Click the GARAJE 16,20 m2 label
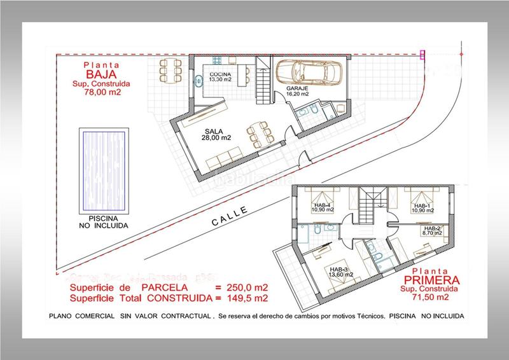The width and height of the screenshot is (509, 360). pos(297,90)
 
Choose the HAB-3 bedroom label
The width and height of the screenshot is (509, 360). pos(339,272)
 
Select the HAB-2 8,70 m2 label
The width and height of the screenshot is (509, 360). pos(432,232)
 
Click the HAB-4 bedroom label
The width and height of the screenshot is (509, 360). pos(323,208)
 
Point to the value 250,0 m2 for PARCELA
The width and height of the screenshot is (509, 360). pos(245,287)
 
